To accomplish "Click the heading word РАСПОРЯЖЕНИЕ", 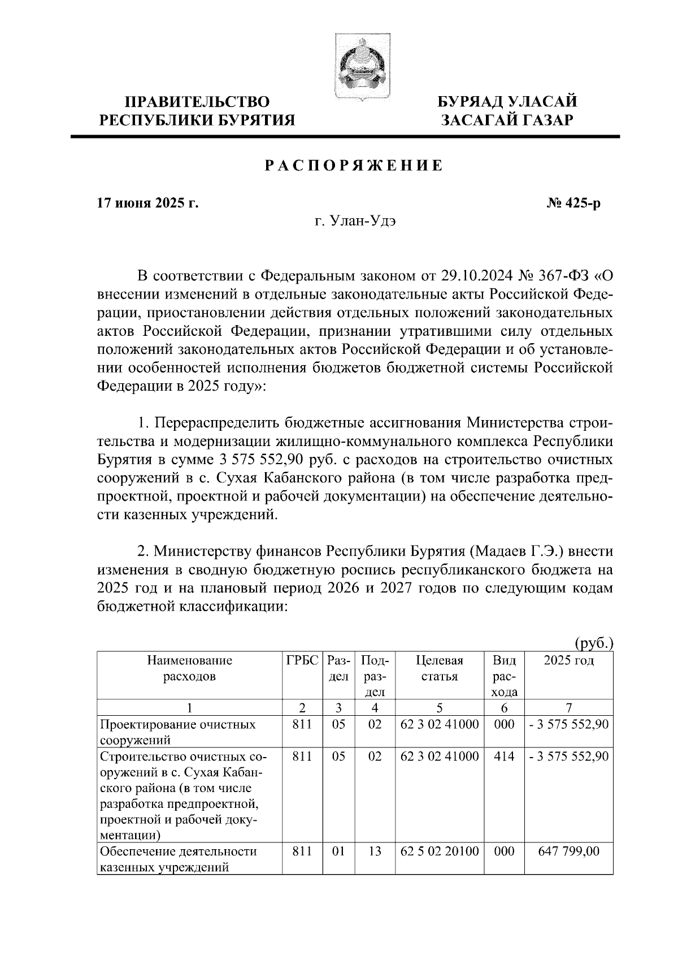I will point(353,166).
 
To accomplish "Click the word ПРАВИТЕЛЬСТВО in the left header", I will point(197,102).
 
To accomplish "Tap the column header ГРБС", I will point(302,660).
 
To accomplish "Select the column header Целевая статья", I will point(439,668).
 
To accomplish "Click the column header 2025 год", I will point(568,660).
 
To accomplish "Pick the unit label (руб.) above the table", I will point(594,643).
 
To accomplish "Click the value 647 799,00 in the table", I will point(568,851).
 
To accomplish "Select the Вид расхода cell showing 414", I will point(504,756).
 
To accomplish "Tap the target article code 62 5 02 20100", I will point(439,851).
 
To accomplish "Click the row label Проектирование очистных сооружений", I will point(177,732).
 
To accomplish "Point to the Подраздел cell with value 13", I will point(375,851).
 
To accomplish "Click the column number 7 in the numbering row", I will point(568,708).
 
